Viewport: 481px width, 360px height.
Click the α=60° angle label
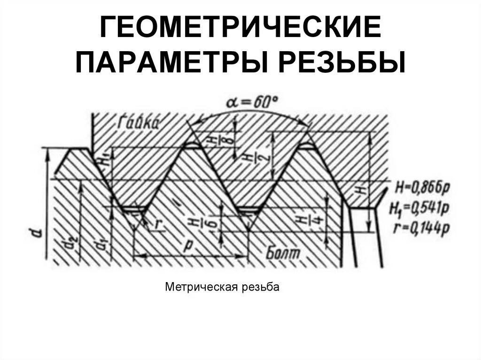[251, 101]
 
